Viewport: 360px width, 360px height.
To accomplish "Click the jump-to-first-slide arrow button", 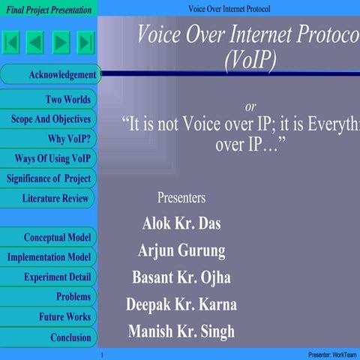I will coord(12,42).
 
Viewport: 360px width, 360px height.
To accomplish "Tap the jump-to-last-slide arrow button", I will coord(85,42).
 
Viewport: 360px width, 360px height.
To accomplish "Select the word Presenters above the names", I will coord(181,198).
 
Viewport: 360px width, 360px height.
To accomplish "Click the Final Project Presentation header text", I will coord(49,10).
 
